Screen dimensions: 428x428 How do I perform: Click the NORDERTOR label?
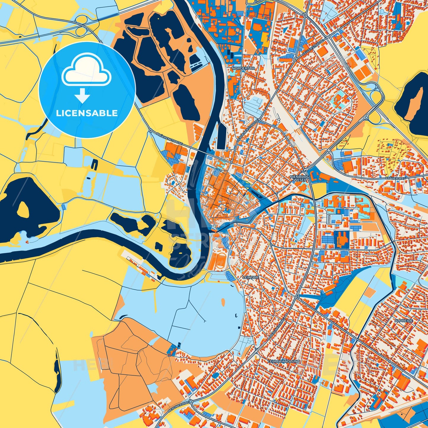pyautogui.click(x=243, y=68)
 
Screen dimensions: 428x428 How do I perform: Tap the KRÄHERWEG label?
pyautogui.click(x=395, y=178)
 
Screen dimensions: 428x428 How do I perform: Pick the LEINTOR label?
pyautogui.click(x=250, y=278)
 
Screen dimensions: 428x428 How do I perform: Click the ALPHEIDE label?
pyautogui.click(x=403, y=321)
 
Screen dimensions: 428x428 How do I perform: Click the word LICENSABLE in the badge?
pyautogui.click(x=87, y=113)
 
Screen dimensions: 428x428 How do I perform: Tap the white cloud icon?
pyautogui.click(x=86, y=70)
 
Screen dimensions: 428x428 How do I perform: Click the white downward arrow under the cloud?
pyautogui.click(x=82, y=96)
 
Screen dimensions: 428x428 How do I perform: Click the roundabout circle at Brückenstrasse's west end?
pyautogui.click(x=151, y=130)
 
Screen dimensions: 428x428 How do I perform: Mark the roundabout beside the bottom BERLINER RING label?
pyautogui.click(x=191, y=402)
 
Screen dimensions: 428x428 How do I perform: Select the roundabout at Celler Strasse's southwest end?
pyautogui.click(x=295, y=60)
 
